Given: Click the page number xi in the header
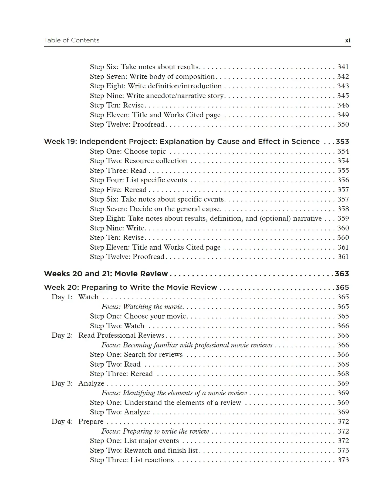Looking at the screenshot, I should [x=347, y=41].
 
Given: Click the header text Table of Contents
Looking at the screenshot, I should [x=72, y=41].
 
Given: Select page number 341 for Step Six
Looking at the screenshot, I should [x=343, y=67].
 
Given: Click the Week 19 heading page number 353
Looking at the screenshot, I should [x=342, y=142].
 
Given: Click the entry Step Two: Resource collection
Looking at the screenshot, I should [x=138, y=161].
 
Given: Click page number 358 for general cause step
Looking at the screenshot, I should [x=343, y=209].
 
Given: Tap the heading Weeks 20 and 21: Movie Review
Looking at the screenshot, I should [x=106, y=274].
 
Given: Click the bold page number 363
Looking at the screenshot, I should [x=342, y=274].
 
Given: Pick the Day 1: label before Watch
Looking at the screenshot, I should [x=62, y=297].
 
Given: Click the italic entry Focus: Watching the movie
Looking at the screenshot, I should [x=142, y=307].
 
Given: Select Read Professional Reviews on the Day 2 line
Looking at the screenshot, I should [x=121, y=336].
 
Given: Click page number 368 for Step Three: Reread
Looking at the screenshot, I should [x=343, y=374].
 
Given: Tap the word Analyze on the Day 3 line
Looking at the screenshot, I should [x=91, y=384].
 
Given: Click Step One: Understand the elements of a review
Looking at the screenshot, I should [x=165, y=403].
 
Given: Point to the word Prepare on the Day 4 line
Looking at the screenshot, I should [x=91, y=422].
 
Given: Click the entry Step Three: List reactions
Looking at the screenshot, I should [x=132, y=460].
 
